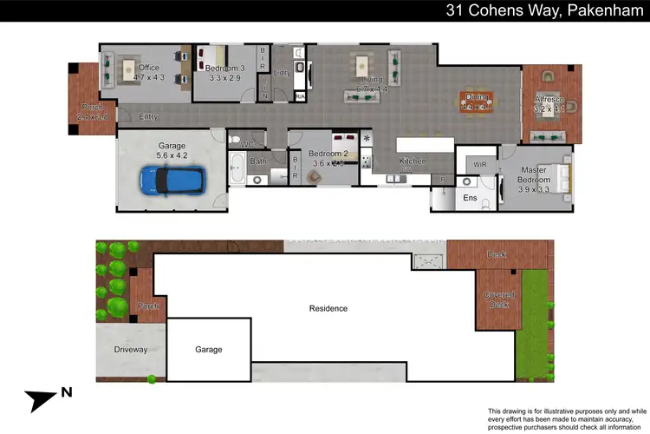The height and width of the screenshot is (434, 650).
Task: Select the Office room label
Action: coord(149,68)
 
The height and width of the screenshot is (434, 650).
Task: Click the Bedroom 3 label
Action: coord(227,68)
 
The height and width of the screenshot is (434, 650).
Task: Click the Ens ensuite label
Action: coord(470,198)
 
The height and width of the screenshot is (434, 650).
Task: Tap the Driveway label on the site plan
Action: coord(130,350)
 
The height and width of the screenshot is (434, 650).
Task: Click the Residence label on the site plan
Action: coord(328,308)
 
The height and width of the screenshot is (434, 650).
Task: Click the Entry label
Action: coord(148,116)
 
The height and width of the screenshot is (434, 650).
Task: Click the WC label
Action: coord(246,143)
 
